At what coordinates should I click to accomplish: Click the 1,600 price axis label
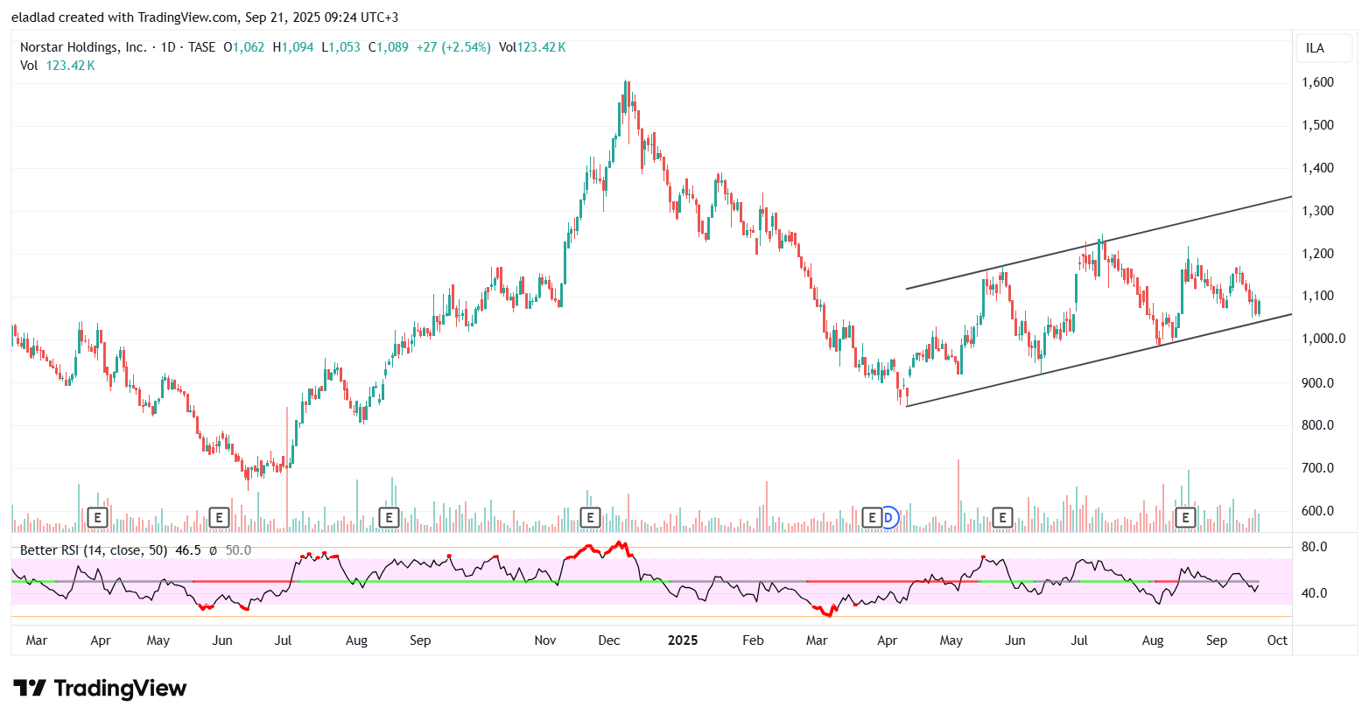coord(1317,82)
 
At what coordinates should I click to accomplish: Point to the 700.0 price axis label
coord(1317,468)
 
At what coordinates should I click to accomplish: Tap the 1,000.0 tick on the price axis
coord(1322,339)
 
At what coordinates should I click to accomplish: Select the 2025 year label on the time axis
coord(683,640)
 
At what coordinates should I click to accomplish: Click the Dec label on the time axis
coord(609,640)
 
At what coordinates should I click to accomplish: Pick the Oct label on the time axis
coord(1277,640)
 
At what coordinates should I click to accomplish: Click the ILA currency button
coord(1315,48)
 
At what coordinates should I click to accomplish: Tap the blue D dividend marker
coord(888,518)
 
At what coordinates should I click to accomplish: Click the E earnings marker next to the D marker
coord(871,518)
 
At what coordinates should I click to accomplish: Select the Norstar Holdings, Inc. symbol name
coord(83,47)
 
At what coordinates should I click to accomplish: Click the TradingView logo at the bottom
coord(100,689)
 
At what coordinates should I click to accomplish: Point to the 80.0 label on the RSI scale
coord(1314,547)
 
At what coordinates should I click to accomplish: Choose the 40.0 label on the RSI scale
coord(1314,593)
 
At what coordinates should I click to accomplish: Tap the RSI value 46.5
coord(188,550)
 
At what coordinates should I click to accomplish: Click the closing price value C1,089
coord(388,47)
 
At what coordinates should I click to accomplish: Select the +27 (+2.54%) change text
coord(453,47)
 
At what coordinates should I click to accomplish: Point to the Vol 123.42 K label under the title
coord(58,66)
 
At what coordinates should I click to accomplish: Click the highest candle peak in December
coord(626,83)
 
